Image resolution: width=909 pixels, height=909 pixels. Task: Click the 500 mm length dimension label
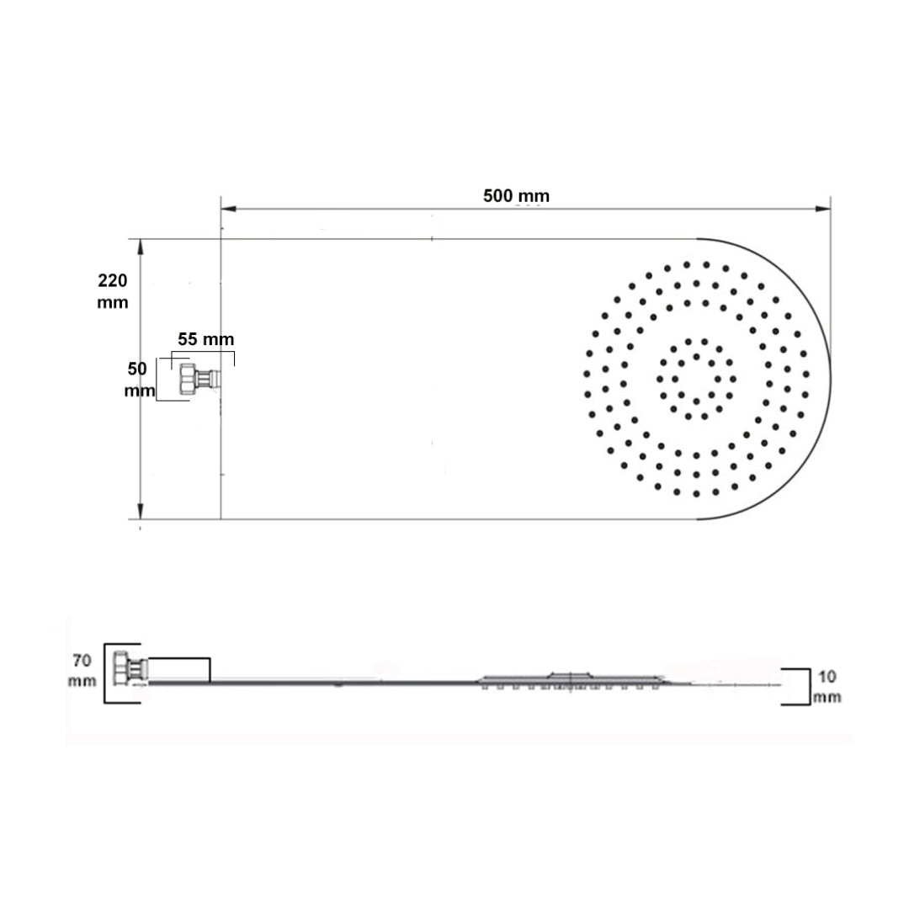coord(516,196)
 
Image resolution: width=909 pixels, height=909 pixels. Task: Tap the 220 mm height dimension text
coord(113,291)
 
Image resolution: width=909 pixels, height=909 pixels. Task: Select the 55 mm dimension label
coord(205,339)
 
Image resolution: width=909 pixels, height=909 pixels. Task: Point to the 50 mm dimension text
coord(139,380)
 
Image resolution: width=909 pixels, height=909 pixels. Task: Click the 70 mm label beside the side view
coord(82,670)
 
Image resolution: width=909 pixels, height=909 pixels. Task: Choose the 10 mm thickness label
coord(827,686)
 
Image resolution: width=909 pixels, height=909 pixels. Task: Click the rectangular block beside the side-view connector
coord(179,670)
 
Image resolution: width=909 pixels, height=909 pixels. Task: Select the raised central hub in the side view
coord(572,676)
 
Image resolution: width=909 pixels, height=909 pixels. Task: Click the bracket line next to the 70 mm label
coord(105,673)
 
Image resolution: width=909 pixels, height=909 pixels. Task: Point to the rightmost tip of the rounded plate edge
coord(830,379)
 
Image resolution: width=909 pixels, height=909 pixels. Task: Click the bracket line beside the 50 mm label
coord(157,380)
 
